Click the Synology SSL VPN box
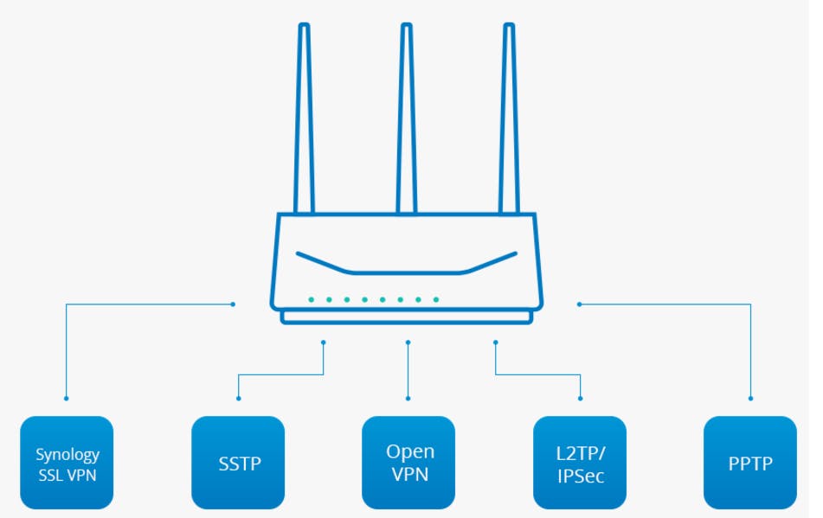[x=67, y=463]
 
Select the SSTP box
[x=238, y=463]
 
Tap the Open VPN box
[x=408, y=463]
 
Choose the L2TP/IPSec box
[x=580, y=463]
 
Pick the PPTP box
[x=750, y=463]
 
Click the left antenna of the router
[x=304, y=118]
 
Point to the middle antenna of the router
[x=406, y=118]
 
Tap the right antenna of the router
[x=509, y=118]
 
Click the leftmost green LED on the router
[x=312, y=300]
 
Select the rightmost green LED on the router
[x=436, y=300]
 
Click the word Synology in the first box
[x=68, y=455]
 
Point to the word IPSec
[x=581, y=476]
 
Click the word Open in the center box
[x=410, y=452]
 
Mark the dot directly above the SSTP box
[x=238, y=399]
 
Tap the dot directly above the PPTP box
[x=750, y=399]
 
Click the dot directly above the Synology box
[x=66, y=399]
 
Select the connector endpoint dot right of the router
[x=580, y=304]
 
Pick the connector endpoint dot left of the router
[x=233, y=304]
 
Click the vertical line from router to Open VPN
[x=408, y=370]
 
